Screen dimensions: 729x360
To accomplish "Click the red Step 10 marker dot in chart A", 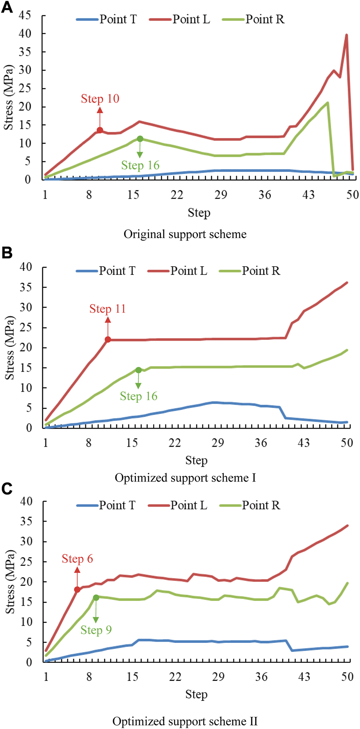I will (100, 130).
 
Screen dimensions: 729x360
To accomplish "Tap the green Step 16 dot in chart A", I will (140, 139).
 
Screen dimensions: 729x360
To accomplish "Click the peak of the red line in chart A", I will (346, 35).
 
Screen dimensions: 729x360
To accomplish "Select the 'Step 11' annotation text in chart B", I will (108, 309).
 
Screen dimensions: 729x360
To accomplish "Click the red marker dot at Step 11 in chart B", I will (108, 339).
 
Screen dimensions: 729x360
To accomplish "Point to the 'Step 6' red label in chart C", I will (77, 559).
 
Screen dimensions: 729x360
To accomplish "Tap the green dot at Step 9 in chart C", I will (96, 597).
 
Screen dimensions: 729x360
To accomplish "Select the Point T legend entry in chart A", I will (107, 19).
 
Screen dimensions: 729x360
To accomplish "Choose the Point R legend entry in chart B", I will (250, 271).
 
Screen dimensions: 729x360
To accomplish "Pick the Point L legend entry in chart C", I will (178, 505).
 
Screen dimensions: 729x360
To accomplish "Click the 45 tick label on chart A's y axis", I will (25, 16).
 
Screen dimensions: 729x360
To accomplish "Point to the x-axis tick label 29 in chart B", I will (218, 443).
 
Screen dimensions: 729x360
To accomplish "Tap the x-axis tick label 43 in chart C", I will (304, 677).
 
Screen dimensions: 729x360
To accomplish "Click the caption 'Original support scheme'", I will (185, 234).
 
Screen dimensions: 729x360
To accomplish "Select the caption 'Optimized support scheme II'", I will (185, 721).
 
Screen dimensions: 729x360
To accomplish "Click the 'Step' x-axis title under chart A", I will (199, 213).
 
